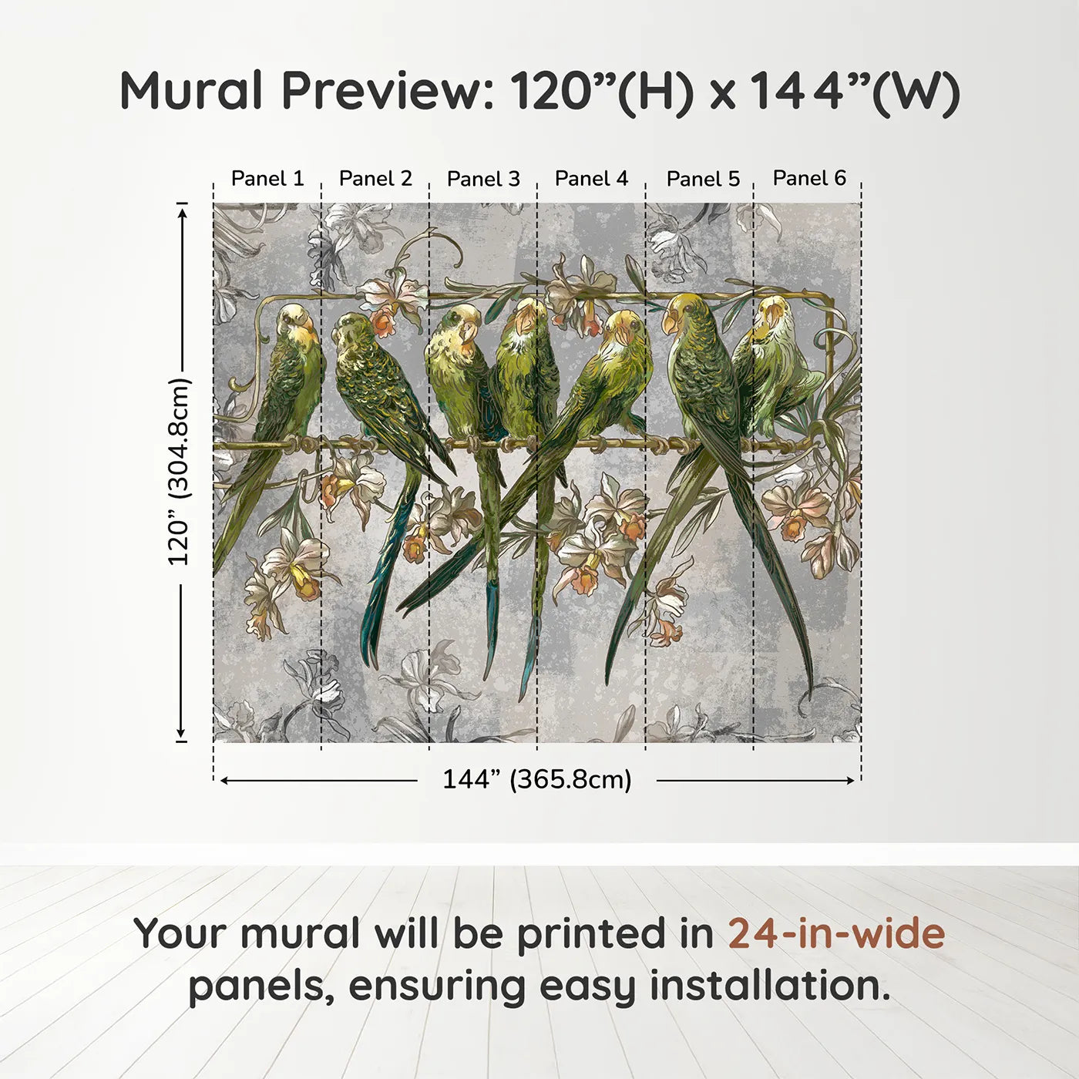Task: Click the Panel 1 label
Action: pyautogui.click(x=267, y=179)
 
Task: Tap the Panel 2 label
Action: pyautogui.click(x=375, y=179)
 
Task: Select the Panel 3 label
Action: pyautogui.click(x=483, y=179)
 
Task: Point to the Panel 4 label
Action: pyautogui.click(x=591, y=179)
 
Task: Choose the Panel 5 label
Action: pyautogui.click(x=703, y=179)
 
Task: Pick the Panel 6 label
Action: pyautogui.click(x=809, y=178)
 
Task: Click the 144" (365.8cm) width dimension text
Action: pyautogui.click(x=536, y=779)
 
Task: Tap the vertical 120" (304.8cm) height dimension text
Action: pyautogui.click(x=179, y=472)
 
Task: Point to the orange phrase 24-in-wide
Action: pyautogui.click(x=836, y=933)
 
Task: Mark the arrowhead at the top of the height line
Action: pyautogui.click(x=182, y=208)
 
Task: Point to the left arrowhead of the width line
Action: pyautogui.click(x=224, y=781)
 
